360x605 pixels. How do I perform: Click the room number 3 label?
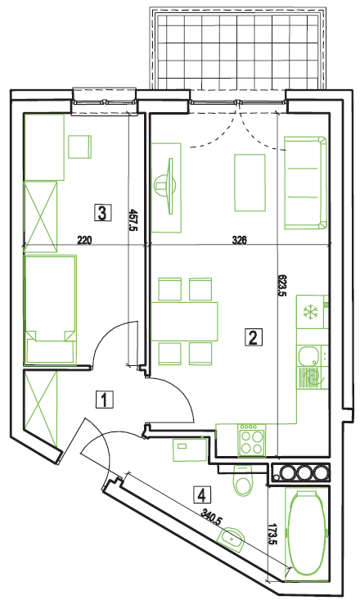pos(102,213)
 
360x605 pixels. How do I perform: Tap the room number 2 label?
pos(254,337)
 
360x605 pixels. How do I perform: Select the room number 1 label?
pos(105,400)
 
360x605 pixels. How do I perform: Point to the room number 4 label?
pos(202,494)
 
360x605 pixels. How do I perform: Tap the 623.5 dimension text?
pos(282,285)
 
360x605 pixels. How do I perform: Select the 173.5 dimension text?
pos(273,534)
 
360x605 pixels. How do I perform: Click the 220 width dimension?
pos(85,241)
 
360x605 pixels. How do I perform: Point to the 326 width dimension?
pos(240,241)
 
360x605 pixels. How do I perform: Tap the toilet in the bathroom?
pos(243,481)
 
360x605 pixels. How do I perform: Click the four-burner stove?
pos(252,440)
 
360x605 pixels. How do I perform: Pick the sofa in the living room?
pos(306,183)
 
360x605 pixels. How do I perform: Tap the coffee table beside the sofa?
pos(250,183)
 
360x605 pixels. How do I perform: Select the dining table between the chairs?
pos(184,322)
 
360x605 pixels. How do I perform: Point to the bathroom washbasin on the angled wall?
pos(232,538)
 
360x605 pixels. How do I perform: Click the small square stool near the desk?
pos(80,147)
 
